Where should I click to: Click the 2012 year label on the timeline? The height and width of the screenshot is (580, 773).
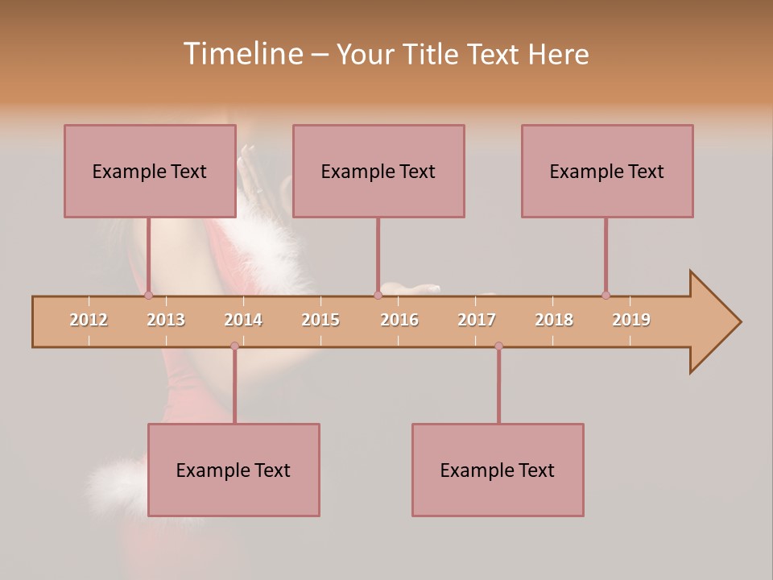[x=89, y=320]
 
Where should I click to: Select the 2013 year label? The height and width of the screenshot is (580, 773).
[x=166, y=320]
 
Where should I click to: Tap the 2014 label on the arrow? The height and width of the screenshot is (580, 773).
[x=243, y=320]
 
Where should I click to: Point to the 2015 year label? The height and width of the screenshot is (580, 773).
[x=320, y=320]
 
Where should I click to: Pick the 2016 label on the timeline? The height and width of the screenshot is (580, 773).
[x=399, y=320]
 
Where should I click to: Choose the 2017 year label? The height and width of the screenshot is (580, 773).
[x=477, y=320]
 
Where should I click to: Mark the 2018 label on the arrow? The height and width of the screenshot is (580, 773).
[x=554, y=320]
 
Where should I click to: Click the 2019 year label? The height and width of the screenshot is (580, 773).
[x=631, y=320]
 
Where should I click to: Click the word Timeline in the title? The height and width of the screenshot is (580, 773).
[x=242, y=54]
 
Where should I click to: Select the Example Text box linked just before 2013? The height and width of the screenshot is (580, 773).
[x=149, y=171]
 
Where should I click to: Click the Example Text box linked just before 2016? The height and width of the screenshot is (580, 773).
[x=378, y=171]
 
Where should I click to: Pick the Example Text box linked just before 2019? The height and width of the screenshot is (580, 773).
[x=606, y=171]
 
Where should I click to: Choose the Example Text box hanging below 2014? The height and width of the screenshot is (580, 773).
[x=234, y=470]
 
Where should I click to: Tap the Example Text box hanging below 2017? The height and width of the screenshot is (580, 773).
[x=498, y=470]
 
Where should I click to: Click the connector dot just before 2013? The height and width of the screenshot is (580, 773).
[x=148, y=296]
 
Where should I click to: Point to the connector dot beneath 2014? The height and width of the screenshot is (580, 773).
[x=234, y=346]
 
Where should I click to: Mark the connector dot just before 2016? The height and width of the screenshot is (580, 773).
[x=378, y=296]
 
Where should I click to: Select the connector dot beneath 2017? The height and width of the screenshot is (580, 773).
[x=498, y=346]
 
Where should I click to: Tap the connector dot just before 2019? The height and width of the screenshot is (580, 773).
[x=606, y=296]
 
